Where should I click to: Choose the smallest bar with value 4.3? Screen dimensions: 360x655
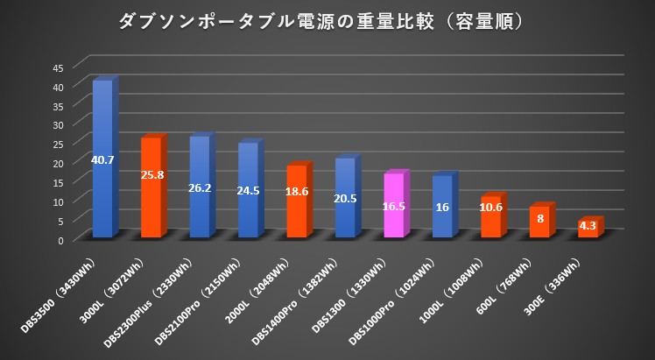click(588, 229)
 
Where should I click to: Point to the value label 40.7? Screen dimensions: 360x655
click(102, 159)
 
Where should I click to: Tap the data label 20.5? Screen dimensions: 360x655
click(345, 198)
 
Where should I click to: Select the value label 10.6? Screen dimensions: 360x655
click(490, 208)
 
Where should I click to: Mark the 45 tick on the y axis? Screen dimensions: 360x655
click(58, 68)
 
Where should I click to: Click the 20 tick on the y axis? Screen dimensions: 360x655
click(58, 164)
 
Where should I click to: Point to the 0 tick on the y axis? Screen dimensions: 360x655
click(60, 240)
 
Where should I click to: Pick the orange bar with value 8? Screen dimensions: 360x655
click(539, 222)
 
